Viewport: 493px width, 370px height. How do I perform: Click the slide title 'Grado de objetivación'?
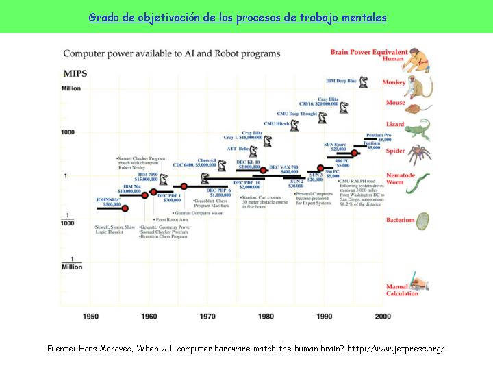point(238,17)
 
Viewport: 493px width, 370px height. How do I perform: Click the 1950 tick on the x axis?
point(92,316)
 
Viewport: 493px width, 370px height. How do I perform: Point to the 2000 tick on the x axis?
point(383,316)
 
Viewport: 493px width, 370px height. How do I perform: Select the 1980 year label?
point(266,316)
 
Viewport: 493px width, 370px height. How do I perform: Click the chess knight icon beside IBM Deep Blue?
point(364,82)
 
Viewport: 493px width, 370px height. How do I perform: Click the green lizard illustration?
point(416,129)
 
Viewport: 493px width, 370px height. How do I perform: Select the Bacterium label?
point(401,220)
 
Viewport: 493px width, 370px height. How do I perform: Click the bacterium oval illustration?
point(423,221)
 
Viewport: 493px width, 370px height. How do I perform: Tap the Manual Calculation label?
point(402,290)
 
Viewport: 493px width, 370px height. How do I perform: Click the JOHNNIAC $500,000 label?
point(109,201)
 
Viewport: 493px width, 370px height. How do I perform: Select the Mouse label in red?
point(396,103)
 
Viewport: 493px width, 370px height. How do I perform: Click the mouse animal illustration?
point(414,108)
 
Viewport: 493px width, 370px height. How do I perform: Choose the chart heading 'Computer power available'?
point(172,53)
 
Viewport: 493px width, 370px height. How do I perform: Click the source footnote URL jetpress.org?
point(396,349)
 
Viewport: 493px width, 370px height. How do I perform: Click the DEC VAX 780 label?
point(283,169)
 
